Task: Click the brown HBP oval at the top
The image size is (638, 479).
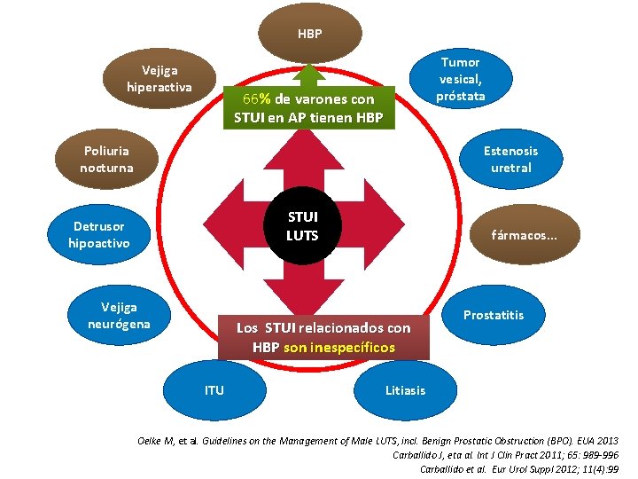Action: click(310, 34)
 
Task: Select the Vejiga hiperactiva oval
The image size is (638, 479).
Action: click(159, 79)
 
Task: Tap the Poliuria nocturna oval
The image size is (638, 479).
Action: click(106, 160)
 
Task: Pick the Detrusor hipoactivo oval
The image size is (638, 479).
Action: click(99, 234)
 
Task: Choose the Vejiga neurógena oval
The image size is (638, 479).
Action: click(120, 315)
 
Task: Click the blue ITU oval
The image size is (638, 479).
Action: click(214, 390)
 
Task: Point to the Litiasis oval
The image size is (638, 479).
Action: click(405, 390)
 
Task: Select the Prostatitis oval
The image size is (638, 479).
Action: click(494, 315)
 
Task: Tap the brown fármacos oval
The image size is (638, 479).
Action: click(525, 234)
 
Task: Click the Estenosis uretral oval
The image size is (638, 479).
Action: click(511, 160)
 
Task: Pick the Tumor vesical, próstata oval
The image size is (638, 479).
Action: click(461, 79)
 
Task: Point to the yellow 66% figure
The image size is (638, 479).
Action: click(257, 99)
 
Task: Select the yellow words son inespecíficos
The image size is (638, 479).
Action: click(339, 348)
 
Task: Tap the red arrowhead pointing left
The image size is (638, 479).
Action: click(223, 224)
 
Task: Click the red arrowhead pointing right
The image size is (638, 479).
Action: click(385, 224)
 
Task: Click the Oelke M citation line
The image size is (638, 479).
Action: click(378, 441)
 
